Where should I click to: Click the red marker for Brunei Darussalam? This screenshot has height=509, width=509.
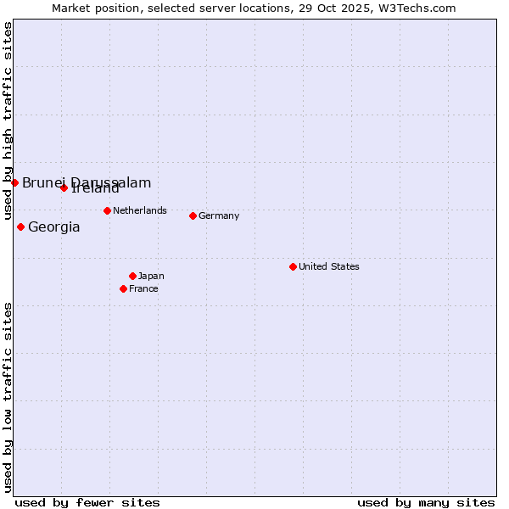14,182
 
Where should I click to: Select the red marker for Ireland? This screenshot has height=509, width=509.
64,187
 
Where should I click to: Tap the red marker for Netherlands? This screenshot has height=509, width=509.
107,210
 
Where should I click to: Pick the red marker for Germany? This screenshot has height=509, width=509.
193,215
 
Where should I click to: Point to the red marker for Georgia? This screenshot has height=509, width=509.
20,227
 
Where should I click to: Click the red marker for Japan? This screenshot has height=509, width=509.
132,276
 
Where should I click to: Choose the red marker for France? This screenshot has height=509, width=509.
123,288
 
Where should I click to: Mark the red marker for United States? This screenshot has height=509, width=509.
293,266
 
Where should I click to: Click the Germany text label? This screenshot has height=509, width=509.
219,215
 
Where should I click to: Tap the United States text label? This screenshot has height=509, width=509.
329,266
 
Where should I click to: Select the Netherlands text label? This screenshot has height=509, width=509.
140,210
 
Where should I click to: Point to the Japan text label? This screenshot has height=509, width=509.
151,276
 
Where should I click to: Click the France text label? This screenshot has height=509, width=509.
143,288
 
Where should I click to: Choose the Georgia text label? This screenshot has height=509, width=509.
54,227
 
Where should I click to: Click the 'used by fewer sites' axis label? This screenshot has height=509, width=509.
87,502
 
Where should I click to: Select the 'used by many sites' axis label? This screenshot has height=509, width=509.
426,502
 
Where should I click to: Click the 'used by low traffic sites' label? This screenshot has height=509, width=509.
8,396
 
